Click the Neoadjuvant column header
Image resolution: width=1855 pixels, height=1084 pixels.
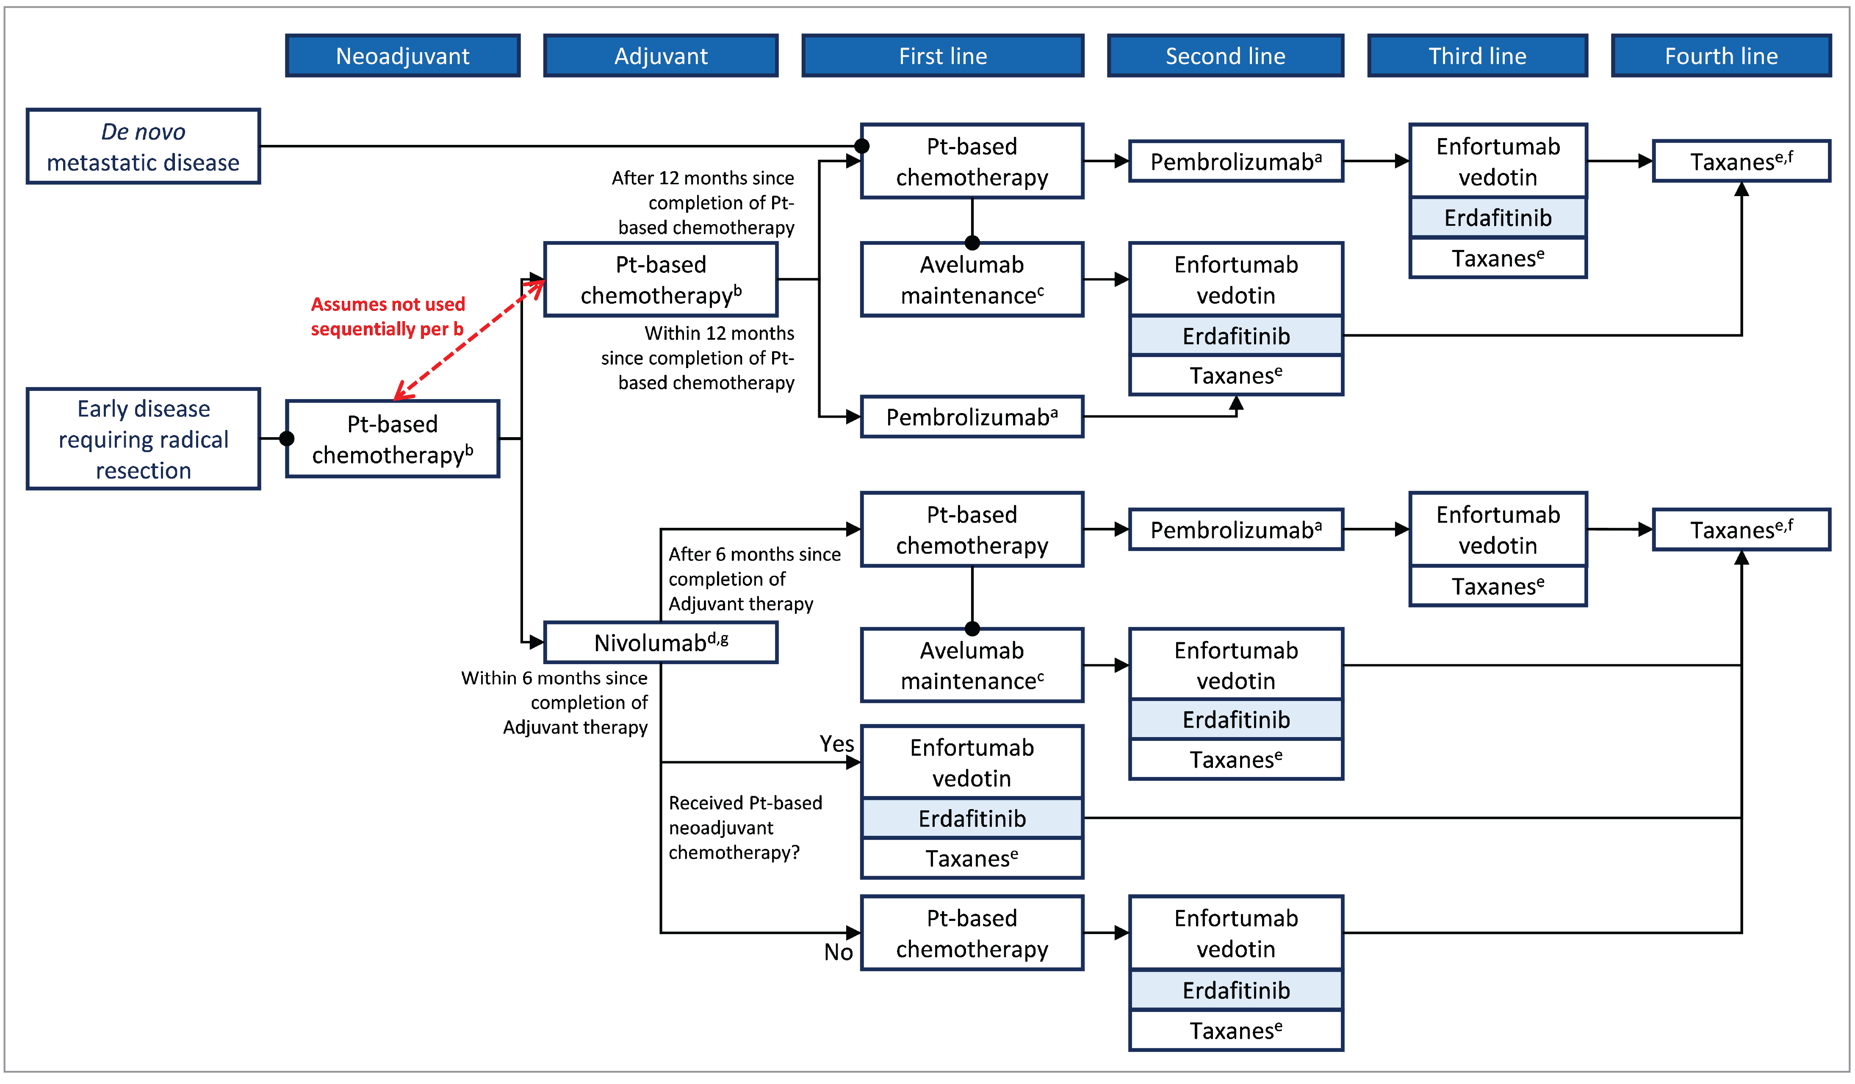pyautogui.click(x=403, y=56)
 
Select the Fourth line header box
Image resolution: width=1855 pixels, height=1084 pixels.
pyautogui.click(x=1721, y=56)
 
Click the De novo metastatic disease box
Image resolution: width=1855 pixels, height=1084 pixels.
pyautogui.click(x=144, y=147)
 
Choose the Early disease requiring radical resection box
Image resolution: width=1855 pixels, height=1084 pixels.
pyautogui.click(x=144, y=439)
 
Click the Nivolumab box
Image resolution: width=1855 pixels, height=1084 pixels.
pyautogui.click(x=660, y=642)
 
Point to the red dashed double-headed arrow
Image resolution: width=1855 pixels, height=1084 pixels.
pyautogui.click(x=469, y=339)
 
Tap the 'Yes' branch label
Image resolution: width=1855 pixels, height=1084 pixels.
pyautogui.click(x=837, y=744)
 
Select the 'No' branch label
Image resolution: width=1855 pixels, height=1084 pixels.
pyautogui.click(x=839, y=952)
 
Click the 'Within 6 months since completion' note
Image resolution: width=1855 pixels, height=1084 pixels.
pyautogui.click(x=556, y=702)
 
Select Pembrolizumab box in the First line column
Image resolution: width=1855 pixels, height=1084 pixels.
pyautogui.click(x=972, y=417)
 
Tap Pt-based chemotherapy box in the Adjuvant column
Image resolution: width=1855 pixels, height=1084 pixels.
pyautogui.click(x=660, y=280)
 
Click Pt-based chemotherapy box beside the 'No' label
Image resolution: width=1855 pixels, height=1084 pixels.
pyautogui.click(x=972, y=933)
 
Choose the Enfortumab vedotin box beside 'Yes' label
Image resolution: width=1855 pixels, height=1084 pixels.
pyautogui.click(x=972, y=762)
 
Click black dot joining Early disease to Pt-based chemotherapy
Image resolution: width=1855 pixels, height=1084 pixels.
pyautogui.click(x=287, y=439)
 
